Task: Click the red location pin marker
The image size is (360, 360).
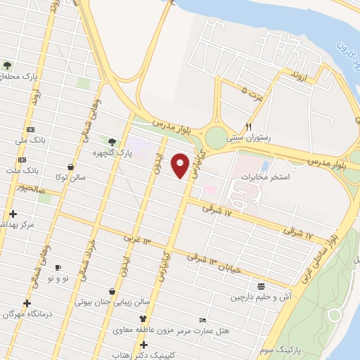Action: (x=181, y=166)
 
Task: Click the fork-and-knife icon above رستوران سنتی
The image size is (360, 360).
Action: (x=247, y=127)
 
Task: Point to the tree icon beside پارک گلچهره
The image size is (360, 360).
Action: (x=112, y=142)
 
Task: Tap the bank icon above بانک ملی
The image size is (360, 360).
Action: (x=30, y=130)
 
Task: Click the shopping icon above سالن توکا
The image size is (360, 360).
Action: (x=71, y=167)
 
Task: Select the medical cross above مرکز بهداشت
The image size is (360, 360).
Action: (x=12, y=214)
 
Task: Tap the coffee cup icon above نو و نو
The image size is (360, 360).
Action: (x=58, y=268)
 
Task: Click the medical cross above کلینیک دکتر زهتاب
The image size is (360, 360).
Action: (x=143, y=345)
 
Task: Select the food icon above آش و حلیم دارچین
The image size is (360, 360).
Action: (x=262, y=286)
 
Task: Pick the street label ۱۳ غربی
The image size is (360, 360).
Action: (x=138, y=239)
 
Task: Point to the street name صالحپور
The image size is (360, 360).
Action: (x=31, y=188)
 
